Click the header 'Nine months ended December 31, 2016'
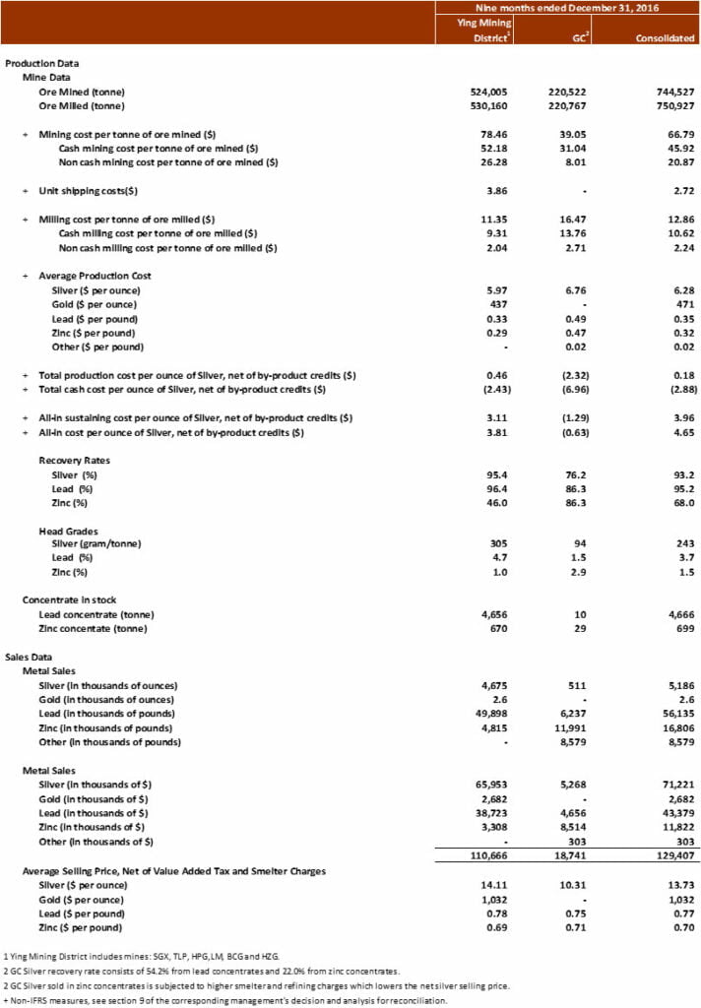pyautogui.click(x=568, y=7)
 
